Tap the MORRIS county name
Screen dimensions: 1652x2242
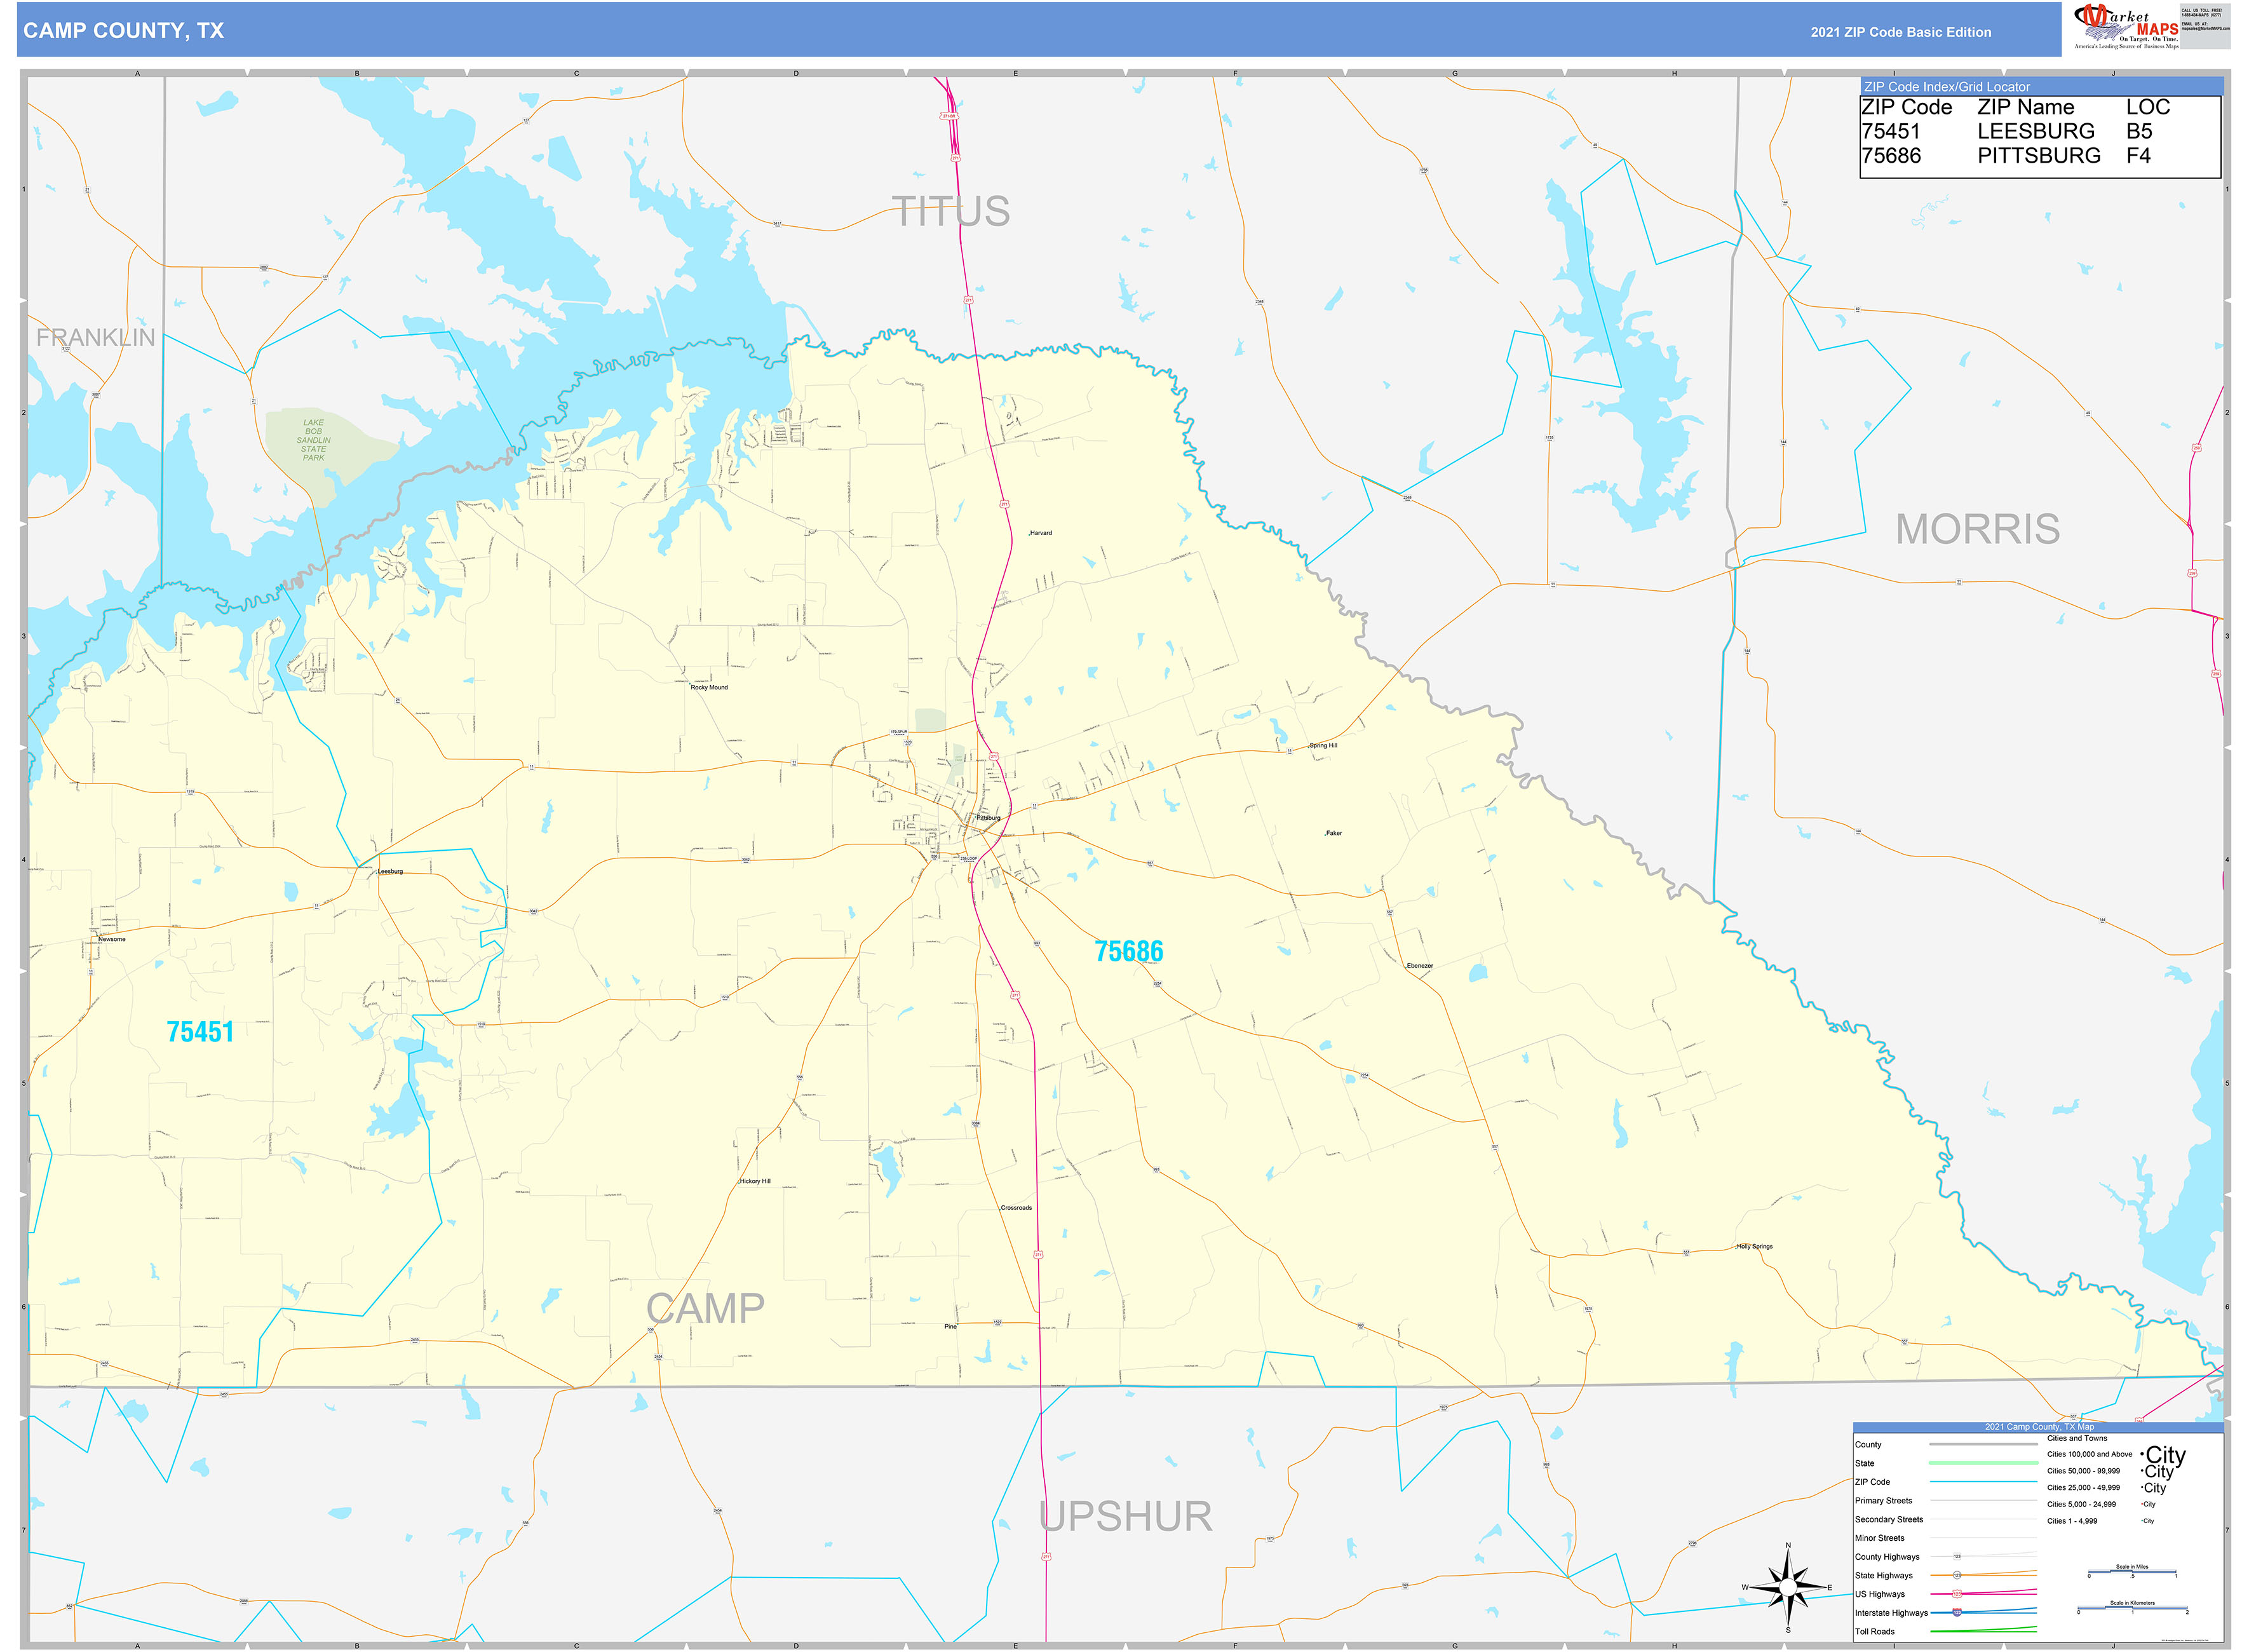click(x=1977, y=529)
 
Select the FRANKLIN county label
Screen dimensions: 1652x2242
click(x=96, y=338)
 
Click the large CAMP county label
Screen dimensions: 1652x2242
click(x=705, y=1309)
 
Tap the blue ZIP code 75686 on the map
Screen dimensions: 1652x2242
click(x=1128, y=951)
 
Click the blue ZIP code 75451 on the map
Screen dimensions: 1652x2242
click(x=200, y=1032)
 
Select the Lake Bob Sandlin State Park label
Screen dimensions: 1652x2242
click(x=313, y=440)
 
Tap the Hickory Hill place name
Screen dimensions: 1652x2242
click(x=755, y=1182)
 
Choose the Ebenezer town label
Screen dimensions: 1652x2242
click(x=1419, y=966)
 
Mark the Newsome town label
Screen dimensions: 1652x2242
click(x=112, y=940)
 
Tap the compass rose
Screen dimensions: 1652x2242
click(x=1788, y=1587)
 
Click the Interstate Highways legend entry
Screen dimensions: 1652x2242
click(x=1891, y=1613)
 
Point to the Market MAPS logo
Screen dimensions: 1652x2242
click(x=2127, y=26)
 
